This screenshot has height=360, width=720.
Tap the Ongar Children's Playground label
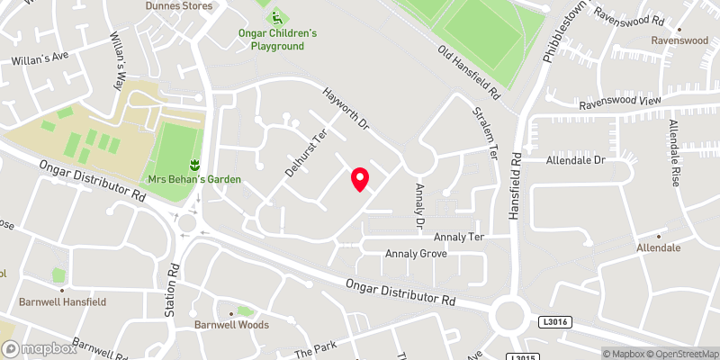283,40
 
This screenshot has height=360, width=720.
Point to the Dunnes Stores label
180,6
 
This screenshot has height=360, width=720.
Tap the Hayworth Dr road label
346,112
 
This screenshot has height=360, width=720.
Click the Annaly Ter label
459,237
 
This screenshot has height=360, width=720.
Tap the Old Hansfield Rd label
469,73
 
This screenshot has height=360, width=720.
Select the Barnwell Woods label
231,324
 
